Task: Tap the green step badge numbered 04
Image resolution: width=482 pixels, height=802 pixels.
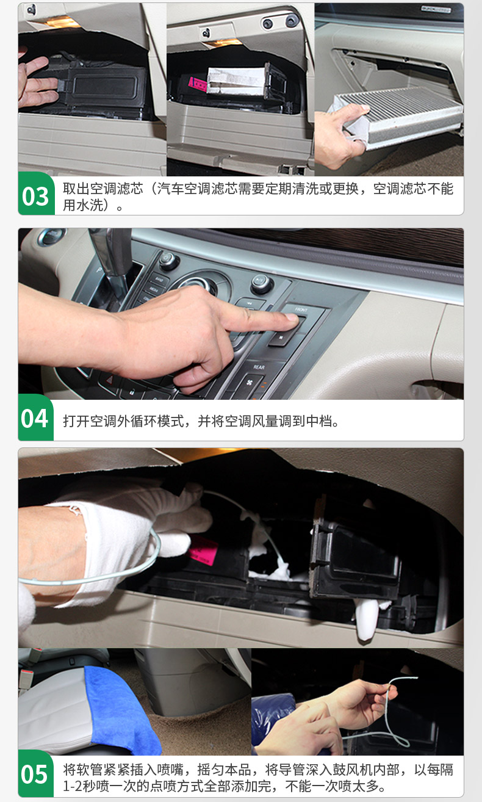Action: tap(35, 417)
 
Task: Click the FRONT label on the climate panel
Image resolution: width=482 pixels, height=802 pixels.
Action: tap(301, 309)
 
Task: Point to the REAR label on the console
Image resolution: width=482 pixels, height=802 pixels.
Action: tap(259, 367)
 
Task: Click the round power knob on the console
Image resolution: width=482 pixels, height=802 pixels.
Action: tap(167, 260)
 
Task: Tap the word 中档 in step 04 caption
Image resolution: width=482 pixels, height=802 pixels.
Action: tap(319, 421)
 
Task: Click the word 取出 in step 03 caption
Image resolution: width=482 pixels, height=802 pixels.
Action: tap(76, 189)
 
